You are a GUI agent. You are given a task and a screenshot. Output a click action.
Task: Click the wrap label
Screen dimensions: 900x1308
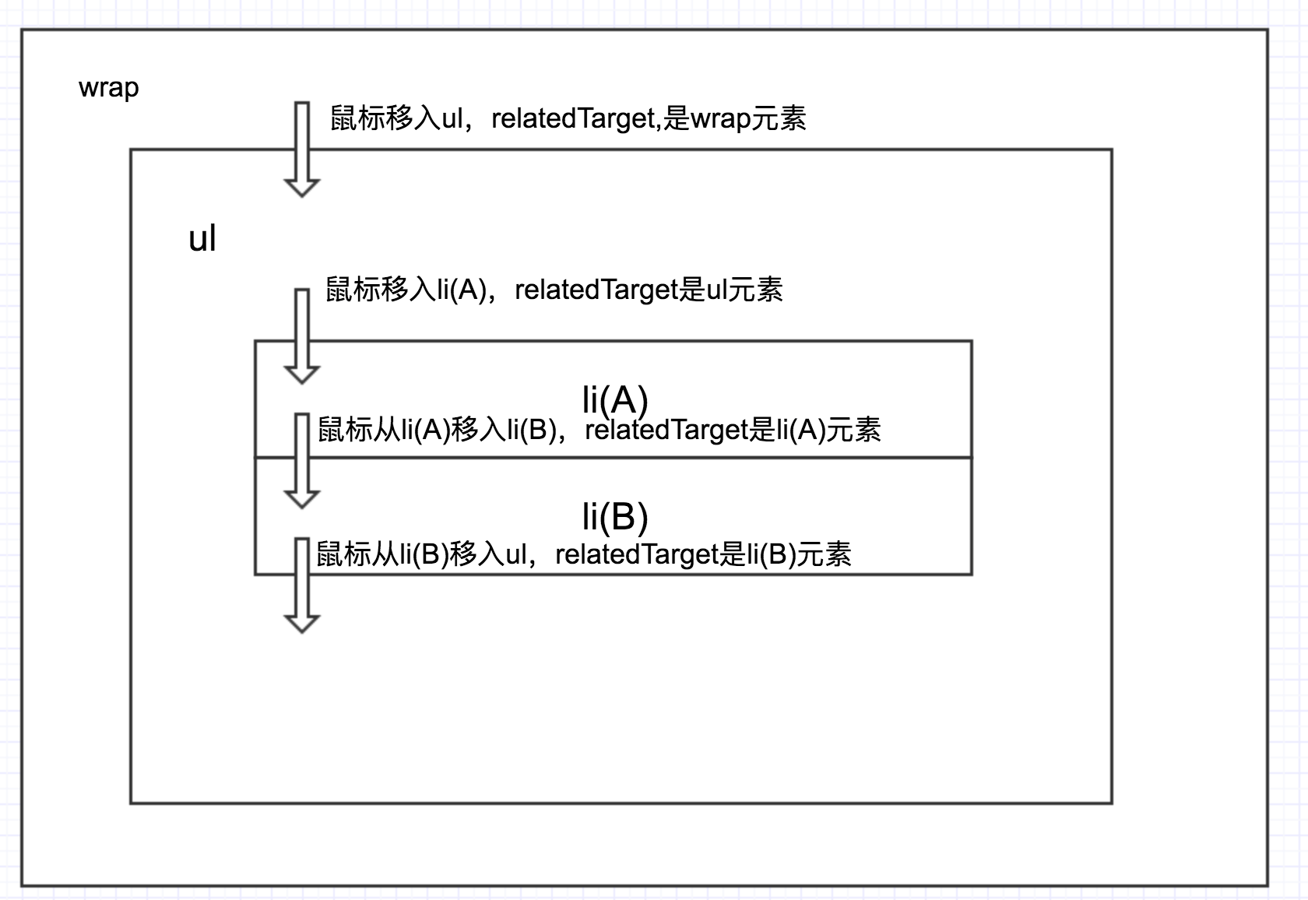click(x=109, y=88)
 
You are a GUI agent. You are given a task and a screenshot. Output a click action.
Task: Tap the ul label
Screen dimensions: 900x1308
click(x=202, y=238)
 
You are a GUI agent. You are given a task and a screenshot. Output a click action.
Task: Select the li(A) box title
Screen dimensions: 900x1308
click(x=615, y=399)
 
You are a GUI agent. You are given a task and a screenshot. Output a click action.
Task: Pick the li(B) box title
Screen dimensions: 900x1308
click(x=615, y=516)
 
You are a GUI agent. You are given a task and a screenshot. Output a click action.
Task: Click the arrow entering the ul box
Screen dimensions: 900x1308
click(x=302, y=148)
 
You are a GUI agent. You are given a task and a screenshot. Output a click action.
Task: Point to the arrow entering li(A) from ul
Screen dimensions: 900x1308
click(x=302, y=336)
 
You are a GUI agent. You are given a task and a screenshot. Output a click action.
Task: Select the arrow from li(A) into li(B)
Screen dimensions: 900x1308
click(x=302, y=460)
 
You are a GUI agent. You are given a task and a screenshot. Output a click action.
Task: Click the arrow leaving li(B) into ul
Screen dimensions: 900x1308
click(x=302, y=584)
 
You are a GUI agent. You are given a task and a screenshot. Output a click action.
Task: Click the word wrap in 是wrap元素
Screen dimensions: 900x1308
click(x=720, y=118)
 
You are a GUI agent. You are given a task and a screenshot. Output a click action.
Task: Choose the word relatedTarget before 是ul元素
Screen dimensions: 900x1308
click(x=597, y=290)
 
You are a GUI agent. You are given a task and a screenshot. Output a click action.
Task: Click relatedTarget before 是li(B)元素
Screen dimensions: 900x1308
click(x=638, y=554)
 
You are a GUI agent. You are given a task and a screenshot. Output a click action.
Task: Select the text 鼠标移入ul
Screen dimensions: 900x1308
click(x=396, y=118)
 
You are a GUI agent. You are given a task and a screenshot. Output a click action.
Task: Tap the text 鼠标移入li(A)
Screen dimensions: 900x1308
click(x=406, y=290)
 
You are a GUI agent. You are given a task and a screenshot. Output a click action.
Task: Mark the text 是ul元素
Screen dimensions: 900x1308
click(x=732, y=290)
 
